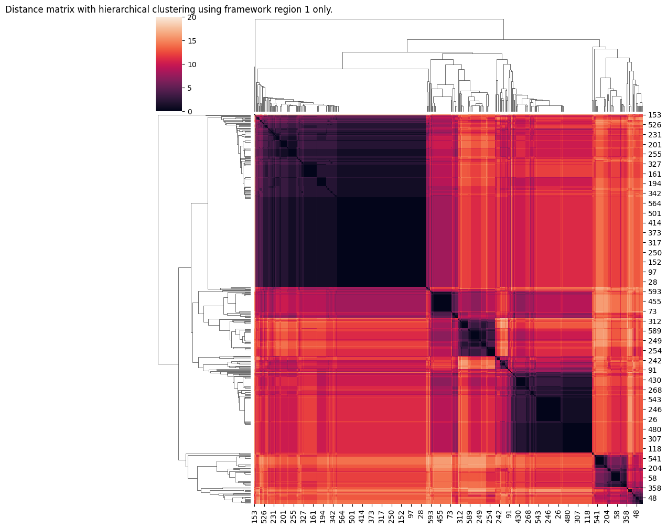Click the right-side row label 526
(655, 125)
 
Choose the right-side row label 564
(655, 203)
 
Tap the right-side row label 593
(655, 292)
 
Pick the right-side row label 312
(655, 321)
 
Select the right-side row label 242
(655, 361)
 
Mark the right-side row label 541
(655, 459)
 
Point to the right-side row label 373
(655, 233)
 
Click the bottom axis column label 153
(255, 514)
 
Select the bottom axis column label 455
(440, 514)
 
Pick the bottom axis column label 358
(627, 514)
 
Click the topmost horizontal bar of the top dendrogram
(379, 19)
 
